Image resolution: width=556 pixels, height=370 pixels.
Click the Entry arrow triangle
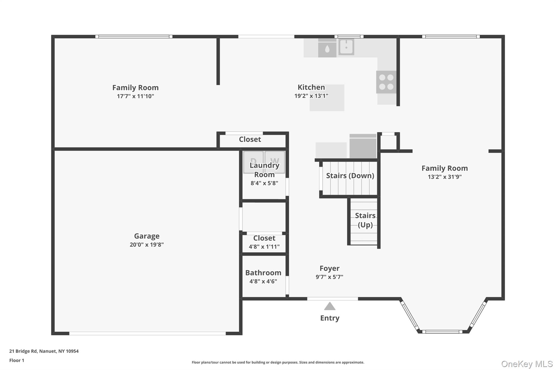pos(330,307)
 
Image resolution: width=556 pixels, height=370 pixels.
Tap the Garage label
pos(147,236)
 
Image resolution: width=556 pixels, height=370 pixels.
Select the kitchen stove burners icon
pos(386,82)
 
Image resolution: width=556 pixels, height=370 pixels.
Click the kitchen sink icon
pos(346,47)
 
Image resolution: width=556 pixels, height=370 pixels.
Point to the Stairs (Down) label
pos(350,176)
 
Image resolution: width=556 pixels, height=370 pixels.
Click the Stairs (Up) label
pos(365,220)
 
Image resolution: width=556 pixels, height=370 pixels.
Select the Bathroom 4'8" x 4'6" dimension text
pos(263,281)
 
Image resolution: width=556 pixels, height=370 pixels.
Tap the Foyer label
pos(329,268)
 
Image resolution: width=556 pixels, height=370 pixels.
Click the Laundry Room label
pos(264,170)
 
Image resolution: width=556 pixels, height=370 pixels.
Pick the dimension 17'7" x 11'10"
pos(135,96)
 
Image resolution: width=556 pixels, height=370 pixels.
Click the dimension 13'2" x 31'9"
pos(444,177)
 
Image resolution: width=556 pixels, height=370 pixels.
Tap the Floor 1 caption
pos(17,360)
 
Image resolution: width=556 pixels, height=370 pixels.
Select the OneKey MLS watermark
pos(527,364)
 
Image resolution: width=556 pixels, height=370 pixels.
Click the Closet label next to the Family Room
pos(250,139)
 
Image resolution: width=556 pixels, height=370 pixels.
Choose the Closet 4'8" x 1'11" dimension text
pos(264,247)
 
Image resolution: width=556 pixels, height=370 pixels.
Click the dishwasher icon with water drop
pos(327,49)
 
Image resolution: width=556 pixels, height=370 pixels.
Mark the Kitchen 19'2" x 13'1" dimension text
pos(311,96)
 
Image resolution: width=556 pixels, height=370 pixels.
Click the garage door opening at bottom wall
pos(147,333)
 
